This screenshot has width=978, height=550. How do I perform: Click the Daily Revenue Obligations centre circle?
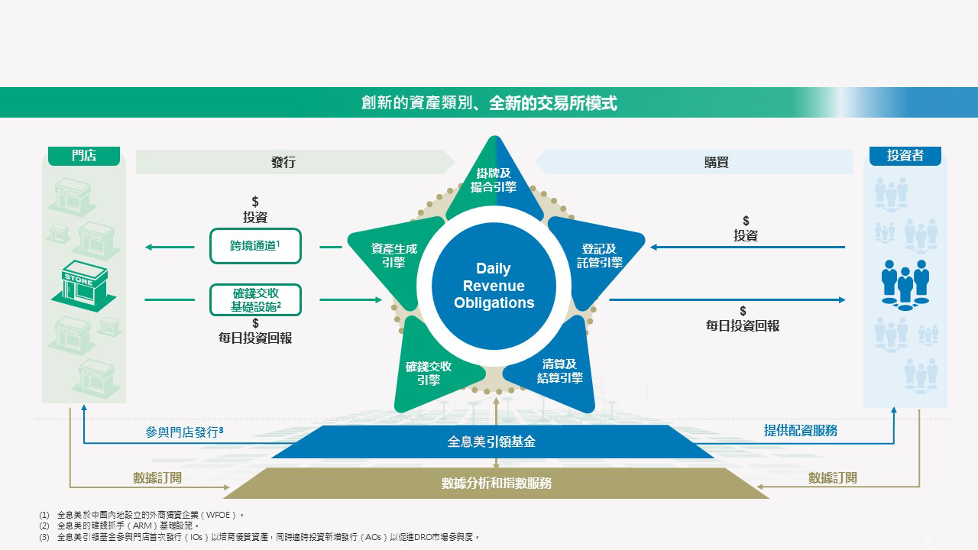[x=494, y=286]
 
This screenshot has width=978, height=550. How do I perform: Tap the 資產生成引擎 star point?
[x=393, y=255]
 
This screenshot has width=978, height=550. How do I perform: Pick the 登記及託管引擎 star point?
[x=599, y=255]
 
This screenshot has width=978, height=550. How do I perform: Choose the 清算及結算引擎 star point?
[x=559, y=370]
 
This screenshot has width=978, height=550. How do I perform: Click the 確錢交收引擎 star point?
[x=429, y=373]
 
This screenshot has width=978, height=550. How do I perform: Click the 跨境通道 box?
[x=255, y=246]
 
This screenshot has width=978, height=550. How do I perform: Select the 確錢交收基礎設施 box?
[x=255, y=299]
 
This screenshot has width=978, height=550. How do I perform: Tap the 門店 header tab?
[x=84, y=156]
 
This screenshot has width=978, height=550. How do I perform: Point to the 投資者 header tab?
[x=905, y=156]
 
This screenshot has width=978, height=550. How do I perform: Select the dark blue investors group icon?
[x=905, y=284]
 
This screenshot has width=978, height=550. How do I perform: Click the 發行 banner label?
[x=283, y=162]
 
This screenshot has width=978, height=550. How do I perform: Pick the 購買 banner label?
[x=716, y=162]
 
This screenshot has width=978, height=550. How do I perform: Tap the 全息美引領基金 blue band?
[x=493, y=442]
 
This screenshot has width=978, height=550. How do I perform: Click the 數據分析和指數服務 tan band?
[x=497, y=483]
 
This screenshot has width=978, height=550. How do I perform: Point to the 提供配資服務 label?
[x=801, y=431]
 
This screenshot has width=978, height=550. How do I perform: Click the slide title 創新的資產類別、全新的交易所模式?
[x=489, y=103]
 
